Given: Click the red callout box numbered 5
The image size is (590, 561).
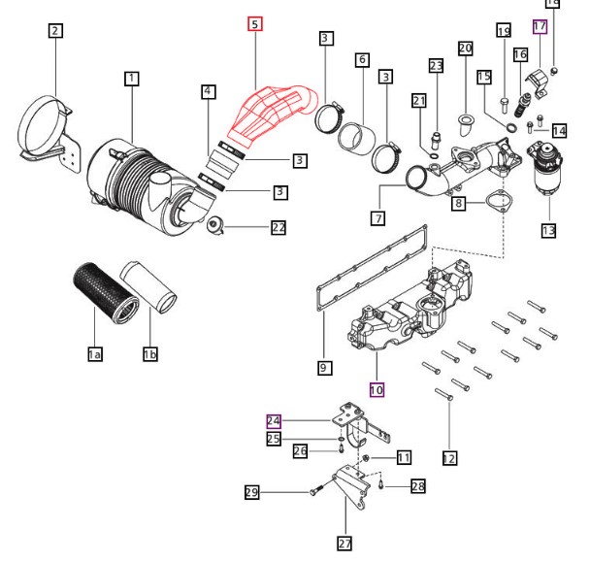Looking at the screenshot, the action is tap(255, 24).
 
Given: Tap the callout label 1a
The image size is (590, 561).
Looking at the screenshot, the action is tap(95, 354).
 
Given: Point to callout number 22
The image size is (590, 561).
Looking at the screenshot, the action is tap(279, 227).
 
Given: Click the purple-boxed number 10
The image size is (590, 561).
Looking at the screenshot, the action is tap(377, 389).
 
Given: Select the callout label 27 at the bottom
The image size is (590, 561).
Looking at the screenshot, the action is tap(344, 544).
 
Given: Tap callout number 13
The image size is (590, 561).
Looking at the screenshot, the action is tap(548, 230).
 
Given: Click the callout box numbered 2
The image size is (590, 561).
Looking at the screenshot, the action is tap(55, 30).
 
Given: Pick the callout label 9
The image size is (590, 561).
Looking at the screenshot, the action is tap(324, 368).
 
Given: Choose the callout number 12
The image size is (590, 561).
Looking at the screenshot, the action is tap(449, 458).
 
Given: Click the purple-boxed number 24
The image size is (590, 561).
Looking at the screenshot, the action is tap(274, 421).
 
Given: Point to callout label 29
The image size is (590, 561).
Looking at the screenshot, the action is tap(252, 492).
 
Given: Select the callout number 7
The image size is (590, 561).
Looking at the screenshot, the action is tap(378, 218).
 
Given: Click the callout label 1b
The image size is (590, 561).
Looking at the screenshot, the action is tap(150, 354).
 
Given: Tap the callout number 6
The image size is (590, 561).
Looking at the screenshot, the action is tap(362, 59).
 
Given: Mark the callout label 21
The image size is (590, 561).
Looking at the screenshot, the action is tap(419, 101).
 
